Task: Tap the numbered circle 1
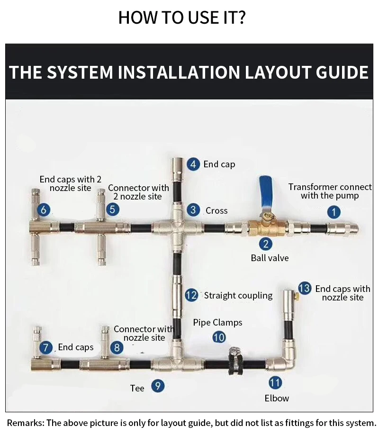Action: pos(334,212)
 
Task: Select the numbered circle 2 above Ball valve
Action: pos(265,244)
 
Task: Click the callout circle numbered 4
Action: pos(193,164)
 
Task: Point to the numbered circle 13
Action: pos(305,288)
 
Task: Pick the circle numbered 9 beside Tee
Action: pos(158,386)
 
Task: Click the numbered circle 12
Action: pos(191,295)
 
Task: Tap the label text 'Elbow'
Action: pos(277,398)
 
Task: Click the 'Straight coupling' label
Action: pos(238,295)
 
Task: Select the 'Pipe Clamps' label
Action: pos(217,322)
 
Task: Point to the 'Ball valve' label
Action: pos(270,258)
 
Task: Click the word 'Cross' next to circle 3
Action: pos(217,210)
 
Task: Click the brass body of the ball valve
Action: pos(267,227)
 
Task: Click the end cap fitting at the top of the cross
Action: pos(177,169)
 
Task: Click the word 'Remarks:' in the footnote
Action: pos(26,423)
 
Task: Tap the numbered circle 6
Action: pos(44,210)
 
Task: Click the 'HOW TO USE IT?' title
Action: pos(182,17)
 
